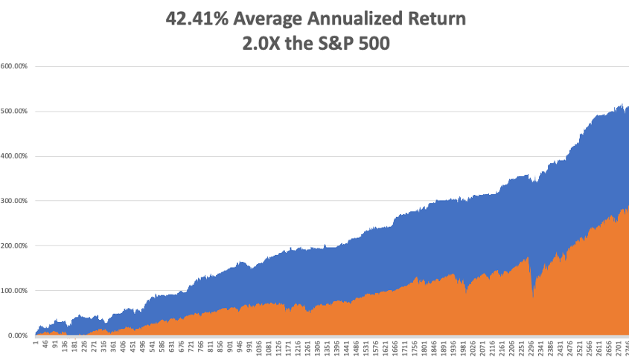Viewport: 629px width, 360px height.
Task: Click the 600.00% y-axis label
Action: (14, 66)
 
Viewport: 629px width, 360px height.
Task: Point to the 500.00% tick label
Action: (14, 112)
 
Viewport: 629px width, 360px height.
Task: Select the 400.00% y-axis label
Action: (14, 156)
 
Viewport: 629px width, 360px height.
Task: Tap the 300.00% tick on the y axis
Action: (14, 201)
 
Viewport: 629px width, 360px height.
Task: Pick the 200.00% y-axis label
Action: (14, 245)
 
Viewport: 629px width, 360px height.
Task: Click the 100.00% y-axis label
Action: (14, 290)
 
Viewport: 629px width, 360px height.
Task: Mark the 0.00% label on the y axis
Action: (16, 335)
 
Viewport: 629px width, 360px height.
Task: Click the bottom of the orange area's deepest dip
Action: (533, 298)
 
